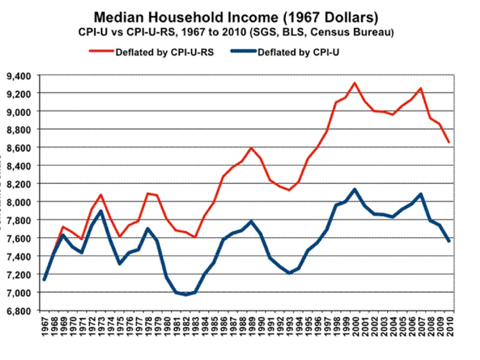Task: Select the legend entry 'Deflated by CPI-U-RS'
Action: click(165, 52)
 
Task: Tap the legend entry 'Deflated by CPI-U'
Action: click(300, 52)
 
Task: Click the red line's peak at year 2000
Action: click(355, 83)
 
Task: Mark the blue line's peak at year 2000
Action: click(355, 190)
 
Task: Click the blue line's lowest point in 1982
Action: click(186, 294)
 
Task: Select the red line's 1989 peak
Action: click(252, 148)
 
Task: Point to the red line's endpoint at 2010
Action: click(449, 142)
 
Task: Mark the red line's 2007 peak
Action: click(421, 88)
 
